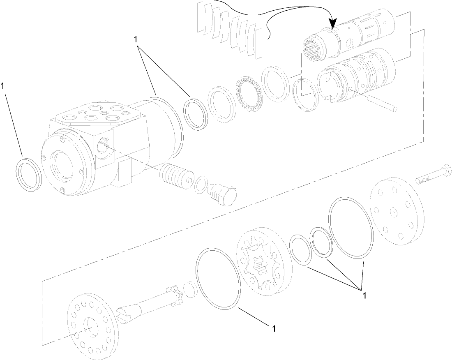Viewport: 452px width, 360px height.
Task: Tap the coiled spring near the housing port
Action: [x=174, y=176]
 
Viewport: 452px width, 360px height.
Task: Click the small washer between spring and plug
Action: [x=201, y=183]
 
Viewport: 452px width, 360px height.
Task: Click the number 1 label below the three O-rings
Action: [x=363, y=295]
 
